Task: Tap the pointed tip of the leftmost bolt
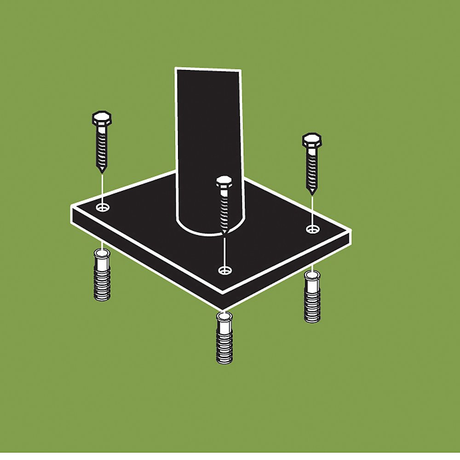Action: click(101, 171)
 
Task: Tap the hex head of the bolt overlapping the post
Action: click(224, 182)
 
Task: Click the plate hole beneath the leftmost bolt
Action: click(103, 207)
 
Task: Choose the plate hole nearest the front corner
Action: click(224, 270)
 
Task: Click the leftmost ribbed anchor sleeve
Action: click(102, 276)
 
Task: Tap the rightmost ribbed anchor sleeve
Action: click(312, 298)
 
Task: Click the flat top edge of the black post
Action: click(208, 69)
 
